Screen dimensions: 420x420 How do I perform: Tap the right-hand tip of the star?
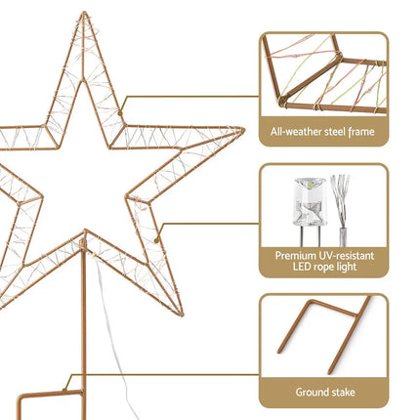pos(240,130)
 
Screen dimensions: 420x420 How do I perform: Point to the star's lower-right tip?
pos(180,312)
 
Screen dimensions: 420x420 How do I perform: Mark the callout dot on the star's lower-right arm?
pos(156,235)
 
